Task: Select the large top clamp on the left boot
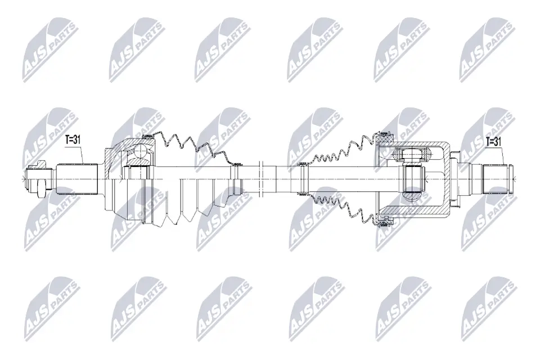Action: [x=148, y=136]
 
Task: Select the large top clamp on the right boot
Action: [x=386, y=134]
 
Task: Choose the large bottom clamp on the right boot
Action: [x=386, y=224]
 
